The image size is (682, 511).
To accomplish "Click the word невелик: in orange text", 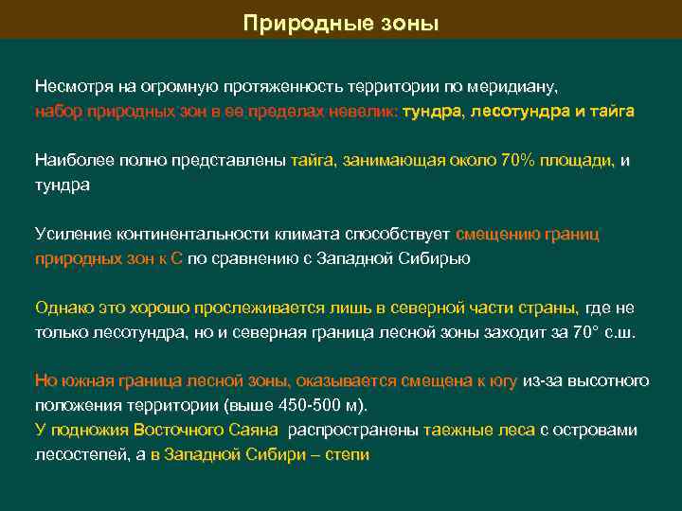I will coord(364,111).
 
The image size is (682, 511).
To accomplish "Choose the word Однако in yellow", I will coord(63,308).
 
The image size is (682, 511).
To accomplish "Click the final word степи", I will coord(347,455).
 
